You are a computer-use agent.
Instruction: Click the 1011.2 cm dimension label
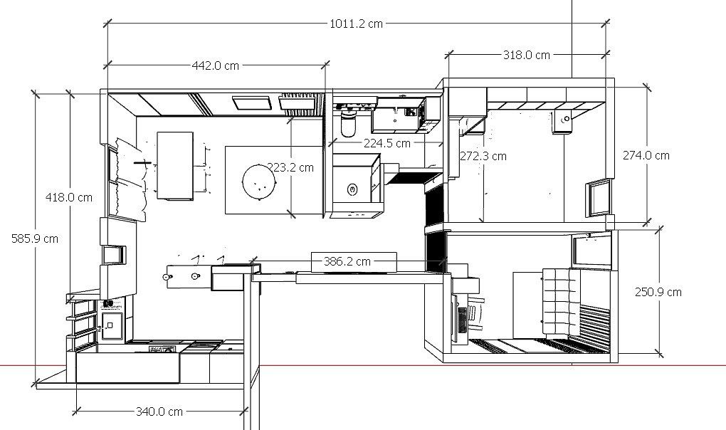356,23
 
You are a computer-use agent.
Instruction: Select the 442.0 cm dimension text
215,65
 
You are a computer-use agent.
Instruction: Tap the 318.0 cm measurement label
527,55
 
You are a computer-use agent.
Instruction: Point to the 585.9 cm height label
35,238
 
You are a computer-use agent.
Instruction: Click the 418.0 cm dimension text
69,198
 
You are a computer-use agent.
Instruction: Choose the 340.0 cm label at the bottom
159,411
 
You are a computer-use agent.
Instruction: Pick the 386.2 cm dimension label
347,261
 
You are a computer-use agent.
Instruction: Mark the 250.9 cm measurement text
658,292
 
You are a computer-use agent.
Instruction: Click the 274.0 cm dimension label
646,155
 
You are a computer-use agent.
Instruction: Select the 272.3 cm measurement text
483,157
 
